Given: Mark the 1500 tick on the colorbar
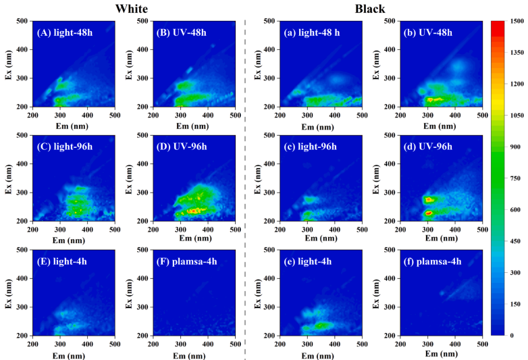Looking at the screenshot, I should point(515,21).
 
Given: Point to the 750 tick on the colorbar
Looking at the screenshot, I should point(514,178).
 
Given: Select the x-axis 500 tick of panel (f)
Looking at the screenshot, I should point(481,344).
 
